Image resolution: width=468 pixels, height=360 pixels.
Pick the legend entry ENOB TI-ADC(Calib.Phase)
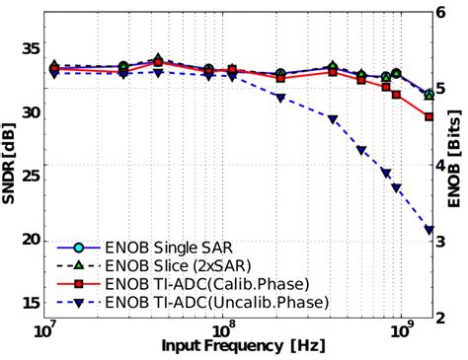point(187,282)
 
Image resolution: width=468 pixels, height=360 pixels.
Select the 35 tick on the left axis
point(31,47)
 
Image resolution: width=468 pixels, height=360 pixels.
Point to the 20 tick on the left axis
point(31,240)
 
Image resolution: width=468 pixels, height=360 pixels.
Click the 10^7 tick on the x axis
point(45,328)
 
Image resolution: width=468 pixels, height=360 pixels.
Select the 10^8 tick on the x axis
point(224,328)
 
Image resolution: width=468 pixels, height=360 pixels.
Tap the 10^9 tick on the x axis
point(402,328)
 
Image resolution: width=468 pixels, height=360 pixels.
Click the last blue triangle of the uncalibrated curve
point(429,231)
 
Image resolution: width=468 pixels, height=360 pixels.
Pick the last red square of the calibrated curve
point(429,116)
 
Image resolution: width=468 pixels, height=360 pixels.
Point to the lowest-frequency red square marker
point(53,70)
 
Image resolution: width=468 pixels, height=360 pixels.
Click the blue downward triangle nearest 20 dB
point(429,231)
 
